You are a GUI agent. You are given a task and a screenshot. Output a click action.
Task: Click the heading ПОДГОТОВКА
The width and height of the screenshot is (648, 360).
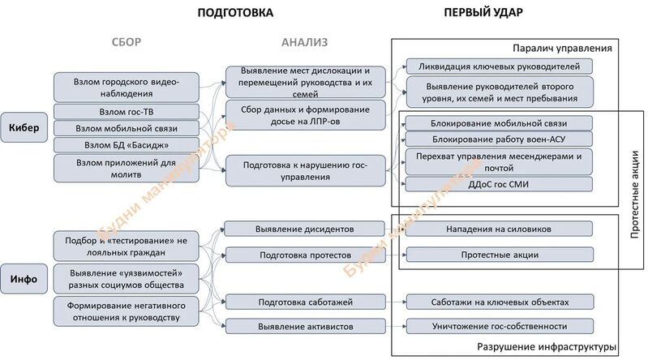pos(235,13)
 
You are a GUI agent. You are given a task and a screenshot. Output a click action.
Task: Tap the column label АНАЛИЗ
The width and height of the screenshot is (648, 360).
pos(305,42)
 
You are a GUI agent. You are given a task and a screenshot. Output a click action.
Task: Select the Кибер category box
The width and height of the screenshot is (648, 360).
pos(26,128)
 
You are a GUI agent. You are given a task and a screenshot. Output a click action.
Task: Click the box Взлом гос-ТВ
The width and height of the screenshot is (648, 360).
pos(126,112)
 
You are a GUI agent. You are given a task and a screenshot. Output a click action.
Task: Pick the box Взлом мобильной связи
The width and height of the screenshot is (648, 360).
pos(126,128)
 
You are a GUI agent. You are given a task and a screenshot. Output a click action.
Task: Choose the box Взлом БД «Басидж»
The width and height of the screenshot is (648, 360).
pos(126,145)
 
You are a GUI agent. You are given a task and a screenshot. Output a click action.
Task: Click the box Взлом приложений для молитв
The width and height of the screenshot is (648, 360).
pos(126,168)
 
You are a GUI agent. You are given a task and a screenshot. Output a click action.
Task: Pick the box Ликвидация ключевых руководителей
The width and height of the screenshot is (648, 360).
pos(499,66)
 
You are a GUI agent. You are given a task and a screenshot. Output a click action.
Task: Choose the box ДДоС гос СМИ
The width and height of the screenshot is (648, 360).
pos(499,184)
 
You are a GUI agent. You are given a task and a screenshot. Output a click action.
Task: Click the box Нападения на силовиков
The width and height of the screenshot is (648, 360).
pos(499,229)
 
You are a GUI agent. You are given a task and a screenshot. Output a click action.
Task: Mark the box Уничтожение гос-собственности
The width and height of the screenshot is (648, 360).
pos(499,326)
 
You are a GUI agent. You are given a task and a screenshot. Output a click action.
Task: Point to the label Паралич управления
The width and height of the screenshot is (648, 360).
pos(566,48)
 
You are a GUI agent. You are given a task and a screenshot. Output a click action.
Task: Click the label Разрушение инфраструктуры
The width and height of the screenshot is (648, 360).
pos(548,347)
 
